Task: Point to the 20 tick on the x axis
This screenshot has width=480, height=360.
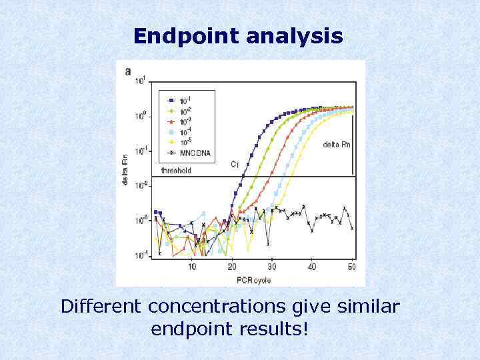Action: pos(231,267)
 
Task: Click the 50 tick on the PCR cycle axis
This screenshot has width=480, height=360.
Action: pos(352,267)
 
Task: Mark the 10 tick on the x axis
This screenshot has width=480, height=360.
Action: pos(192,267)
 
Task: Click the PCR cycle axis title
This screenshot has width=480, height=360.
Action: pos(253,279)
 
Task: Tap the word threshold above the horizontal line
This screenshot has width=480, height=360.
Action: pos(176,171)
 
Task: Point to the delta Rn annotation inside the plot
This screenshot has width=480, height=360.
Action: pos(336,144)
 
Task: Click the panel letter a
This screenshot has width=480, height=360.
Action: pos(128,71)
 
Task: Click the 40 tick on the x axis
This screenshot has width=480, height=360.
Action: pos(312,267)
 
